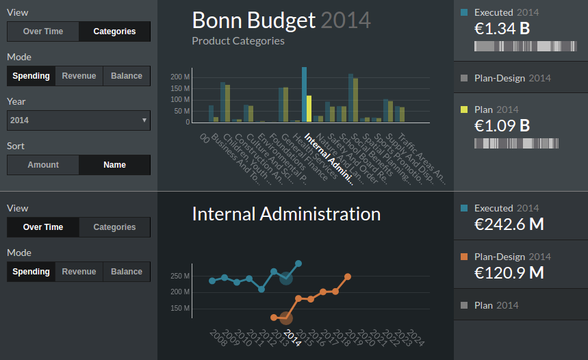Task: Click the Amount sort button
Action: coord(43,165)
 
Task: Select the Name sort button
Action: coord(114,165)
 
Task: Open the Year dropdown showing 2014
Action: coord(79,120)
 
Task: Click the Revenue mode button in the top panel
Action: coord(79,76)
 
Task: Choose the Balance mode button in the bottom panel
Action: coord(127,272)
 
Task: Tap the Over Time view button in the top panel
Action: coord(43,31)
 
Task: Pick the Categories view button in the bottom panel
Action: coord(114,227)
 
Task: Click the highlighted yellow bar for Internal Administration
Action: coord(309,109)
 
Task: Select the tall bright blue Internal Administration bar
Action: coord(304,94)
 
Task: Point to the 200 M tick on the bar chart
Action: coord(181,77)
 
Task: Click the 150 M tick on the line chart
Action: coord(181,308)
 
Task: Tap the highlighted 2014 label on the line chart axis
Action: coord(293,337)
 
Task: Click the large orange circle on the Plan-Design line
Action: coord(286,318)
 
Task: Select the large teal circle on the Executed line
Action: coord(286,278)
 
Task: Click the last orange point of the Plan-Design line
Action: coord(348,277)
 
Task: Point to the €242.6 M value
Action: coord(509,224)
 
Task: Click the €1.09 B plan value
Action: coord(502,126)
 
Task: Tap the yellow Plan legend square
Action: coord(465,110)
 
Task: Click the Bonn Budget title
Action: coord(253,20)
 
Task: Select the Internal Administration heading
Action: coord(285,214)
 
